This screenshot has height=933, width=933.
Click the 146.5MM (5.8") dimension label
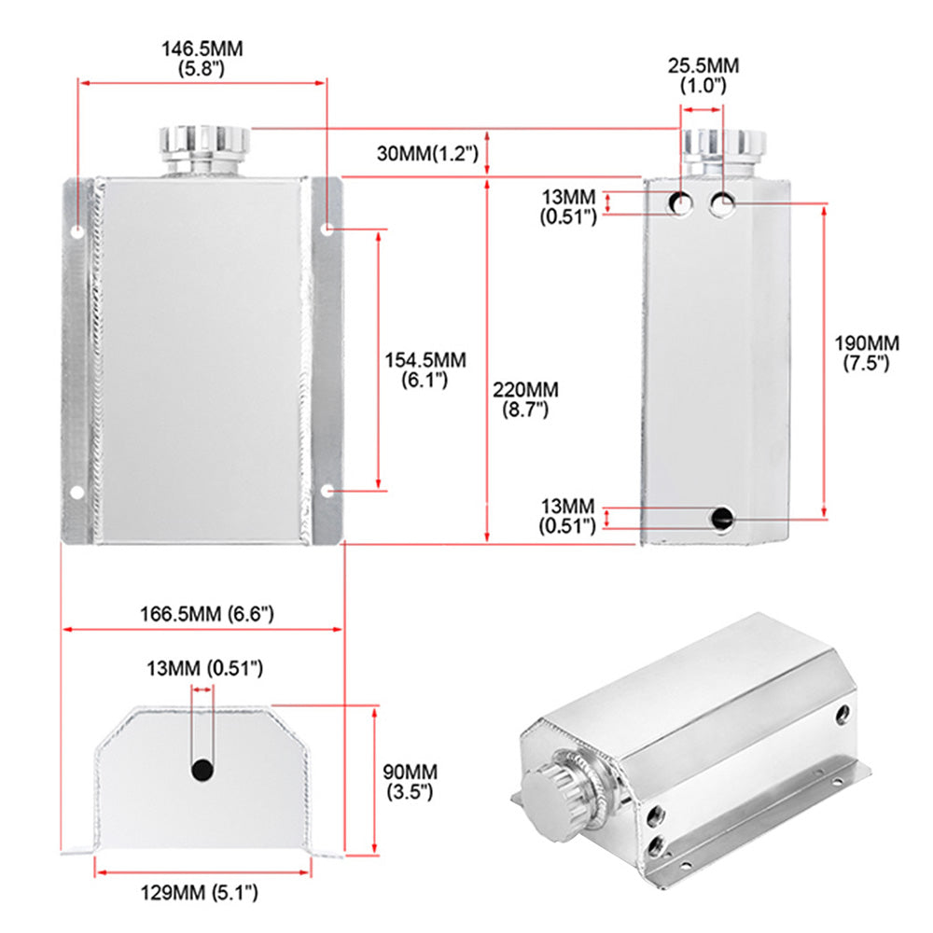coord(202,58)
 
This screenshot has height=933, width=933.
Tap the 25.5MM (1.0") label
coord(703,75)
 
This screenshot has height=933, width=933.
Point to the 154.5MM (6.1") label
coord(425,369)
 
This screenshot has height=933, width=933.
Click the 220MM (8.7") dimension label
coord(525,398)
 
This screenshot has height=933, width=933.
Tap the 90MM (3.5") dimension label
coord(410,782)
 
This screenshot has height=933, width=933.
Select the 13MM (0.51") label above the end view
coord(204,668)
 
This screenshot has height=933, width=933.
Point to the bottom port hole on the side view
coord(721,517)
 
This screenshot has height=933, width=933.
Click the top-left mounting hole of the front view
coord(77,230)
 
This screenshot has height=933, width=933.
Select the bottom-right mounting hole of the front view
coord(328,490)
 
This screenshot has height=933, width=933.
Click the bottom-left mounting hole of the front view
coord(77,492)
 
